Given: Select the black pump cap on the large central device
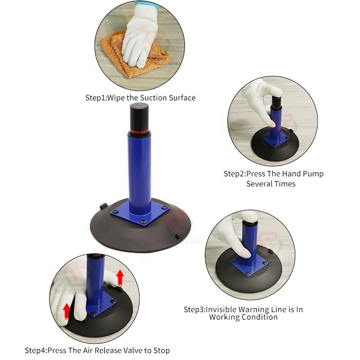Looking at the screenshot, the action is pos(139,117).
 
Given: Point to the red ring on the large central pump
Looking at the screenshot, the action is pos(139,133).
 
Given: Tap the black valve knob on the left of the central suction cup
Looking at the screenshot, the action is pos(103,206).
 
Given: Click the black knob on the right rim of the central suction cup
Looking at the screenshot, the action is pos(180,235).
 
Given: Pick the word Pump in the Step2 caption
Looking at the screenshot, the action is pos(313,174).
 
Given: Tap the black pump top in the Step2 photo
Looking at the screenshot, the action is pos(277,102).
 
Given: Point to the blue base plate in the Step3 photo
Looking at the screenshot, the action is pos(250,266).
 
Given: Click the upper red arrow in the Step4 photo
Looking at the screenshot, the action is pos(120,278).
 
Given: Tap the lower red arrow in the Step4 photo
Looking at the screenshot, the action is pos(66,311).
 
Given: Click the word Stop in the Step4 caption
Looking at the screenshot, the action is pos(162,351).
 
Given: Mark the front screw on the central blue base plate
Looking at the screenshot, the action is pos(144,221).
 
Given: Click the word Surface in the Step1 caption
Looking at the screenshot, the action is pos(182,98).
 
